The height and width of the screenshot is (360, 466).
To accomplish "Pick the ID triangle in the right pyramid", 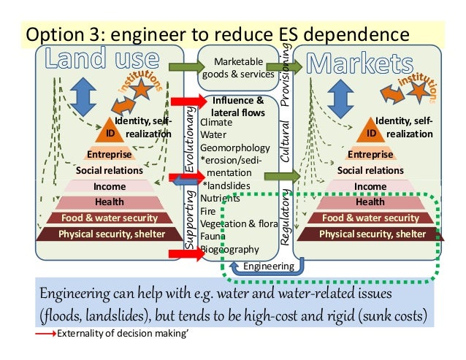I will point(371,134).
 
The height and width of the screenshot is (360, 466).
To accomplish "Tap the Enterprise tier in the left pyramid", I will point(110,154).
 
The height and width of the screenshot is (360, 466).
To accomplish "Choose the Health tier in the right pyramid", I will point(370,202).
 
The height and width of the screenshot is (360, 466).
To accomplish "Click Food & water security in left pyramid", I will point(110,218).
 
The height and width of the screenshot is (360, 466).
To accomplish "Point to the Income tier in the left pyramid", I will point(110,186).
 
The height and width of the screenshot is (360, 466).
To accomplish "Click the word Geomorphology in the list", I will point(232,145).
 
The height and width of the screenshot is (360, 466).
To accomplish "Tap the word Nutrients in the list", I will point(219,198).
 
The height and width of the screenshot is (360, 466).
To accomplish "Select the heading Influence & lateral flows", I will point(237,105).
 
